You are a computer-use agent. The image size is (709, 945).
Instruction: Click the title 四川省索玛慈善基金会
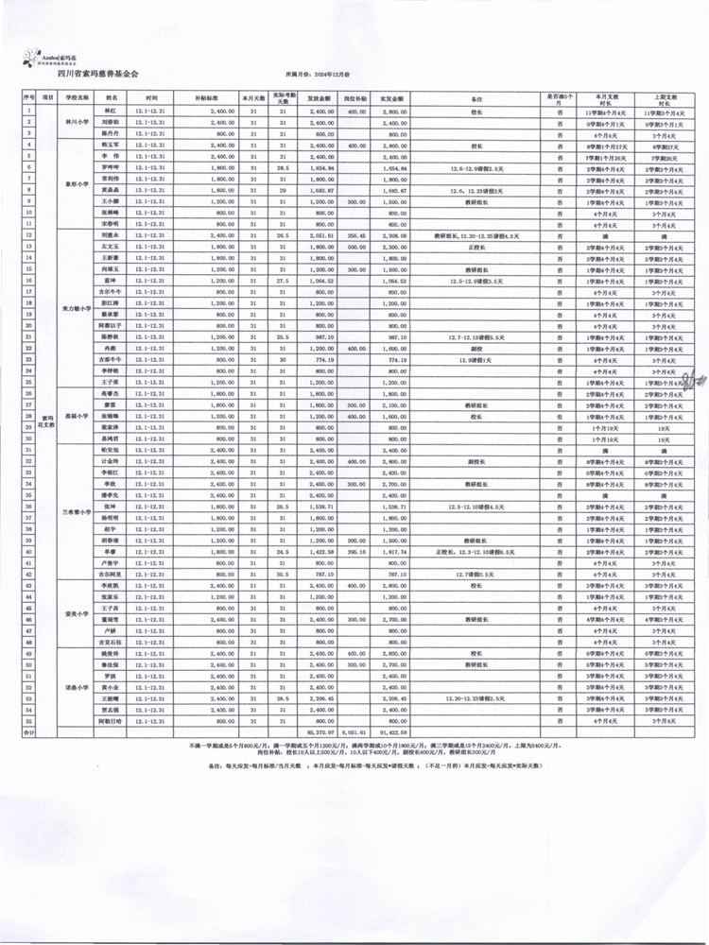click(96, 71)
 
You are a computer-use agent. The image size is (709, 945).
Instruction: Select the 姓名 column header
click(112, 97)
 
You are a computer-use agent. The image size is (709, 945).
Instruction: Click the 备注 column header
click(476, 97)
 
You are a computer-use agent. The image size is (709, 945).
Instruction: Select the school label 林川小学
click(77, 122)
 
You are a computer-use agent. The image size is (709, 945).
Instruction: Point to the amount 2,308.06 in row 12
click(394, 235)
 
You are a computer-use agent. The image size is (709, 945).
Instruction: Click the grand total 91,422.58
click(394, 730)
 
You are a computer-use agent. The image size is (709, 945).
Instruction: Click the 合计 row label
click(28, 730)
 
